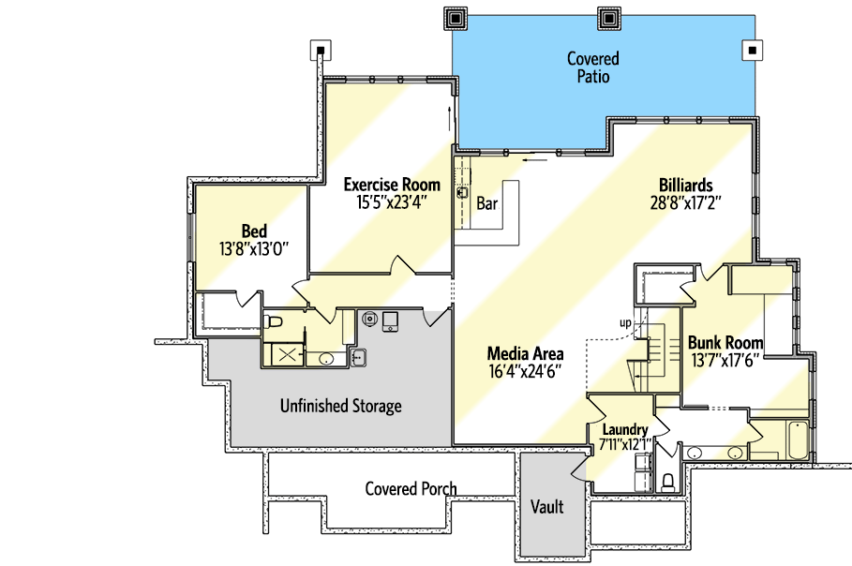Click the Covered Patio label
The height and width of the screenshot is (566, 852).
(x=592, y=67)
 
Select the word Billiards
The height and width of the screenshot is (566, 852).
(x=685, y=186)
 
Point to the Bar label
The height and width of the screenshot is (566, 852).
(x=486, y=203)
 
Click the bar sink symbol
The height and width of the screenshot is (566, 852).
(x=462, y=193)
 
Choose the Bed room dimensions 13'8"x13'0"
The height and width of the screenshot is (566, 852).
(x=253, y=248)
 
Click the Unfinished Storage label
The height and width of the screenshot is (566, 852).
(x=340, y=406)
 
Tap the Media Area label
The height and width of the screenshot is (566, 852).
(x=525, y=354)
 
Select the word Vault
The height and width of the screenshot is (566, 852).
(x=546, y=507)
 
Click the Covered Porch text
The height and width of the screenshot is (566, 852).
(x=411, y=488)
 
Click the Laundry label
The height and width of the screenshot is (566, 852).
(x=624, y=430)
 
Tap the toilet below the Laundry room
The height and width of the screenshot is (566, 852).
(x=667, y=482)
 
